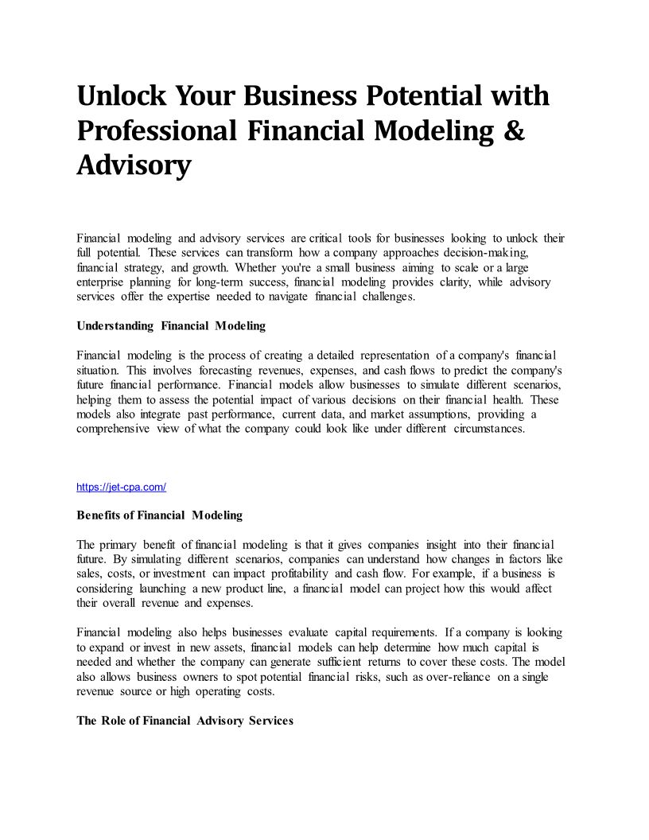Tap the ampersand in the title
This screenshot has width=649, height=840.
(x=515, y=130)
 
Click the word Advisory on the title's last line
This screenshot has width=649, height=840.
(x=134, y=165)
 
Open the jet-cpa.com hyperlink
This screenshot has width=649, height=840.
(x=121, y=487)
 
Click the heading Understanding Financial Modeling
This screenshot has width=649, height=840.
(x=171, y=325)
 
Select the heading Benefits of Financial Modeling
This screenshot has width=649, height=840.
(x=159, y=515)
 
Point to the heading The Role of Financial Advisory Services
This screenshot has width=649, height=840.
(x=185, y=720)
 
